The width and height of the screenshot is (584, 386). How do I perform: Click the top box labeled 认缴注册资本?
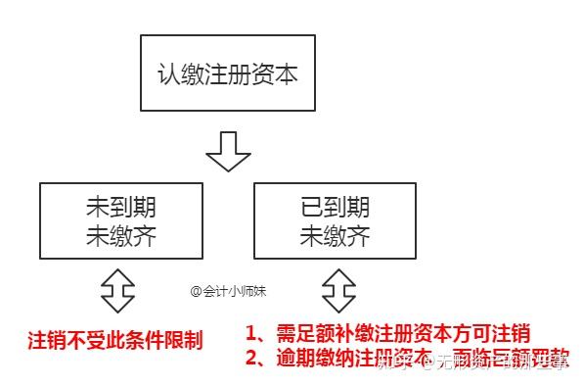pyautogui.click(x=227, y=74)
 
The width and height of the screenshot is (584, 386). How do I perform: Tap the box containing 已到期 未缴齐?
pyautogui.click(x=334, y=221)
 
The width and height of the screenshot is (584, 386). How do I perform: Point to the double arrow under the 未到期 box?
pyautogui.click(x=117, y=288)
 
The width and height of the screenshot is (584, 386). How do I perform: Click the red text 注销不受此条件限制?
pyautogui.click(x=114, y=342)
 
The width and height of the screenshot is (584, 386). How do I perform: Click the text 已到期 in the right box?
pyautogui.click(x=335, y=208)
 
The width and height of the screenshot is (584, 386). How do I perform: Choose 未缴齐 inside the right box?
pyautogui.click(x=335, y=235)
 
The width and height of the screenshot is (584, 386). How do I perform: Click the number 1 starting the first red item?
pyautogui.click(x=251, y=332)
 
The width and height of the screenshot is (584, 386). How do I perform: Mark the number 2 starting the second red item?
pyautogui.click(x=251, y=358)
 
